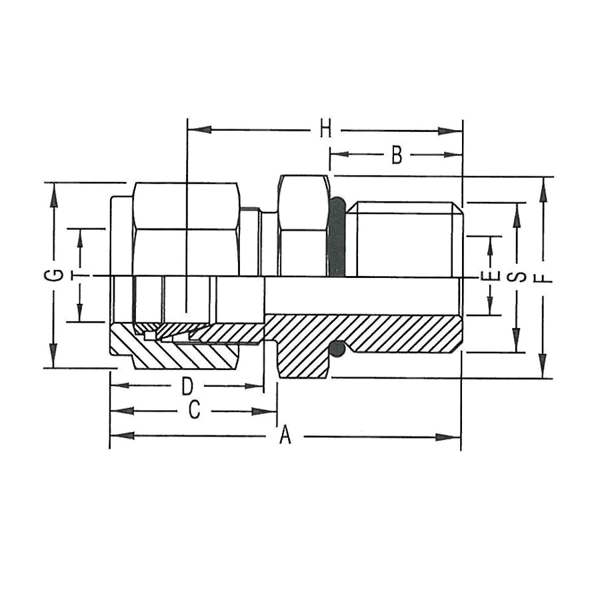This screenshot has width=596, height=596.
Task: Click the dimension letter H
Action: pos(325,129)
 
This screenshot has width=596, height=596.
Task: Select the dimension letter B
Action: pos(397,155)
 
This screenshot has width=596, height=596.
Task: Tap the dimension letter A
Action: pos(285,436)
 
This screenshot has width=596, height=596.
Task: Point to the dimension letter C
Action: pos(193,411)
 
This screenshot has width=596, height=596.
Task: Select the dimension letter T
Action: pos(80,275)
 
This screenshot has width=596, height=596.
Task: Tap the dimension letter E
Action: pos(491,276)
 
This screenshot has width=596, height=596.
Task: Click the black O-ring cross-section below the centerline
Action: pos(339,347)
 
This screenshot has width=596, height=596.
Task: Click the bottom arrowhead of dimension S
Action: pos(517,343)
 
